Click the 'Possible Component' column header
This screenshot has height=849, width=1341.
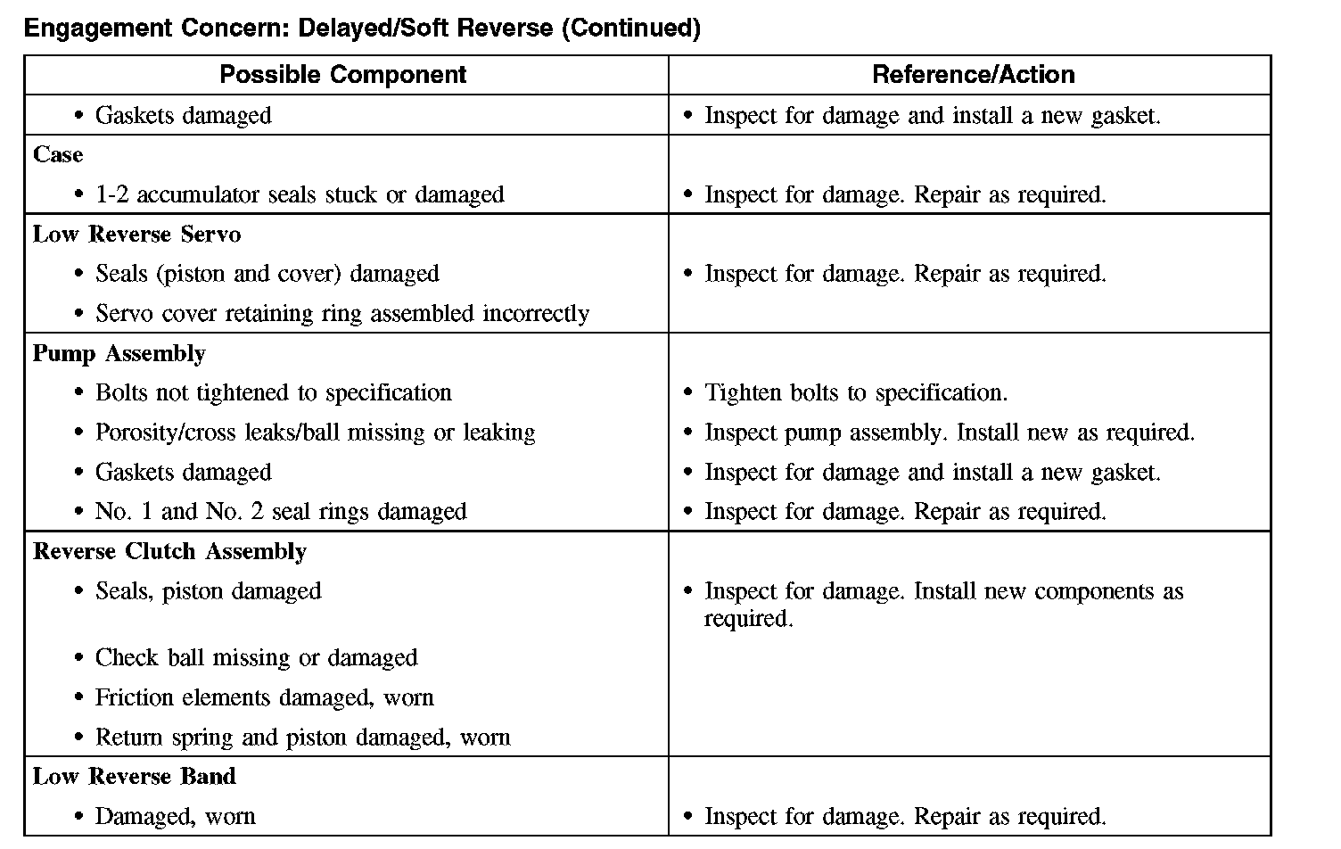(x=343, y=75)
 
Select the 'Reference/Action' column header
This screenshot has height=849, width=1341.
(x=973, y=75)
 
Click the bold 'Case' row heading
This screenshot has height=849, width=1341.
(x=58, y=155)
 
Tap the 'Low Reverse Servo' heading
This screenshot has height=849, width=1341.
(x=136, y=235)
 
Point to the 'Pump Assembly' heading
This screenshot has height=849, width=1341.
(x=119, y=354)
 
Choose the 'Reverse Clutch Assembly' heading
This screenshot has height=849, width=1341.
(x=169, y=552)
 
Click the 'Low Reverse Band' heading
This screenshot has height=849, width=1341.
(x=134, y=777)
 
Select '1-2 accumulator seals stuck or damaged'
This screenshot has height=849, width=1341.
(x=300, y=195)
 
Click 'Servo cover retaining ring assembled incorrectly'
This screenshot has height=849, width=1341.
(x=342, y=314)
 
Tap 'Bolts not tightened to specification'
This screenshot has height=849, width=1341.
(x=273, y=393)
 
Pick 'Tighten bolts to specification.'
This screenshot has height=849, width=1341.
(x=856, y=393)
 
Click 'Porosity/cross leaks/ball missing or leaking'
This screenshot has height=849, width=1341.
(x=315, y=433)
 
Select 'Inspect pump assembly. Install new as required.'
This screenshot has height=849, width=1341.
(x=949, y=433)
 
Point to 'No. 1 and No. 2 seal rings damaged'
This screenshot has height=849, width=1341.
(x=281, y=512)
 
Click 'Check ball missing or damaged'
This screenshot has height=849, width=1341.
(x=256, y=658)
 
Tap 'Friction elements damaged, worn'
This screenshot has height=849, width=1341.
(x=264, y=698)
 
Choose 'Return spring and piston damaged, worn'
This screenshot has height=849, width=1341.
(x=302, y=738)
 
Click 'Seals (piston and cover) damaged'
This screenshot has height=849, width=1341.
(x=267, y=274)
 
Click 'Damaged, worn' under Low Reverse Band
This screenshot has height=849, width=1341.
(x=175, y=817)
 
